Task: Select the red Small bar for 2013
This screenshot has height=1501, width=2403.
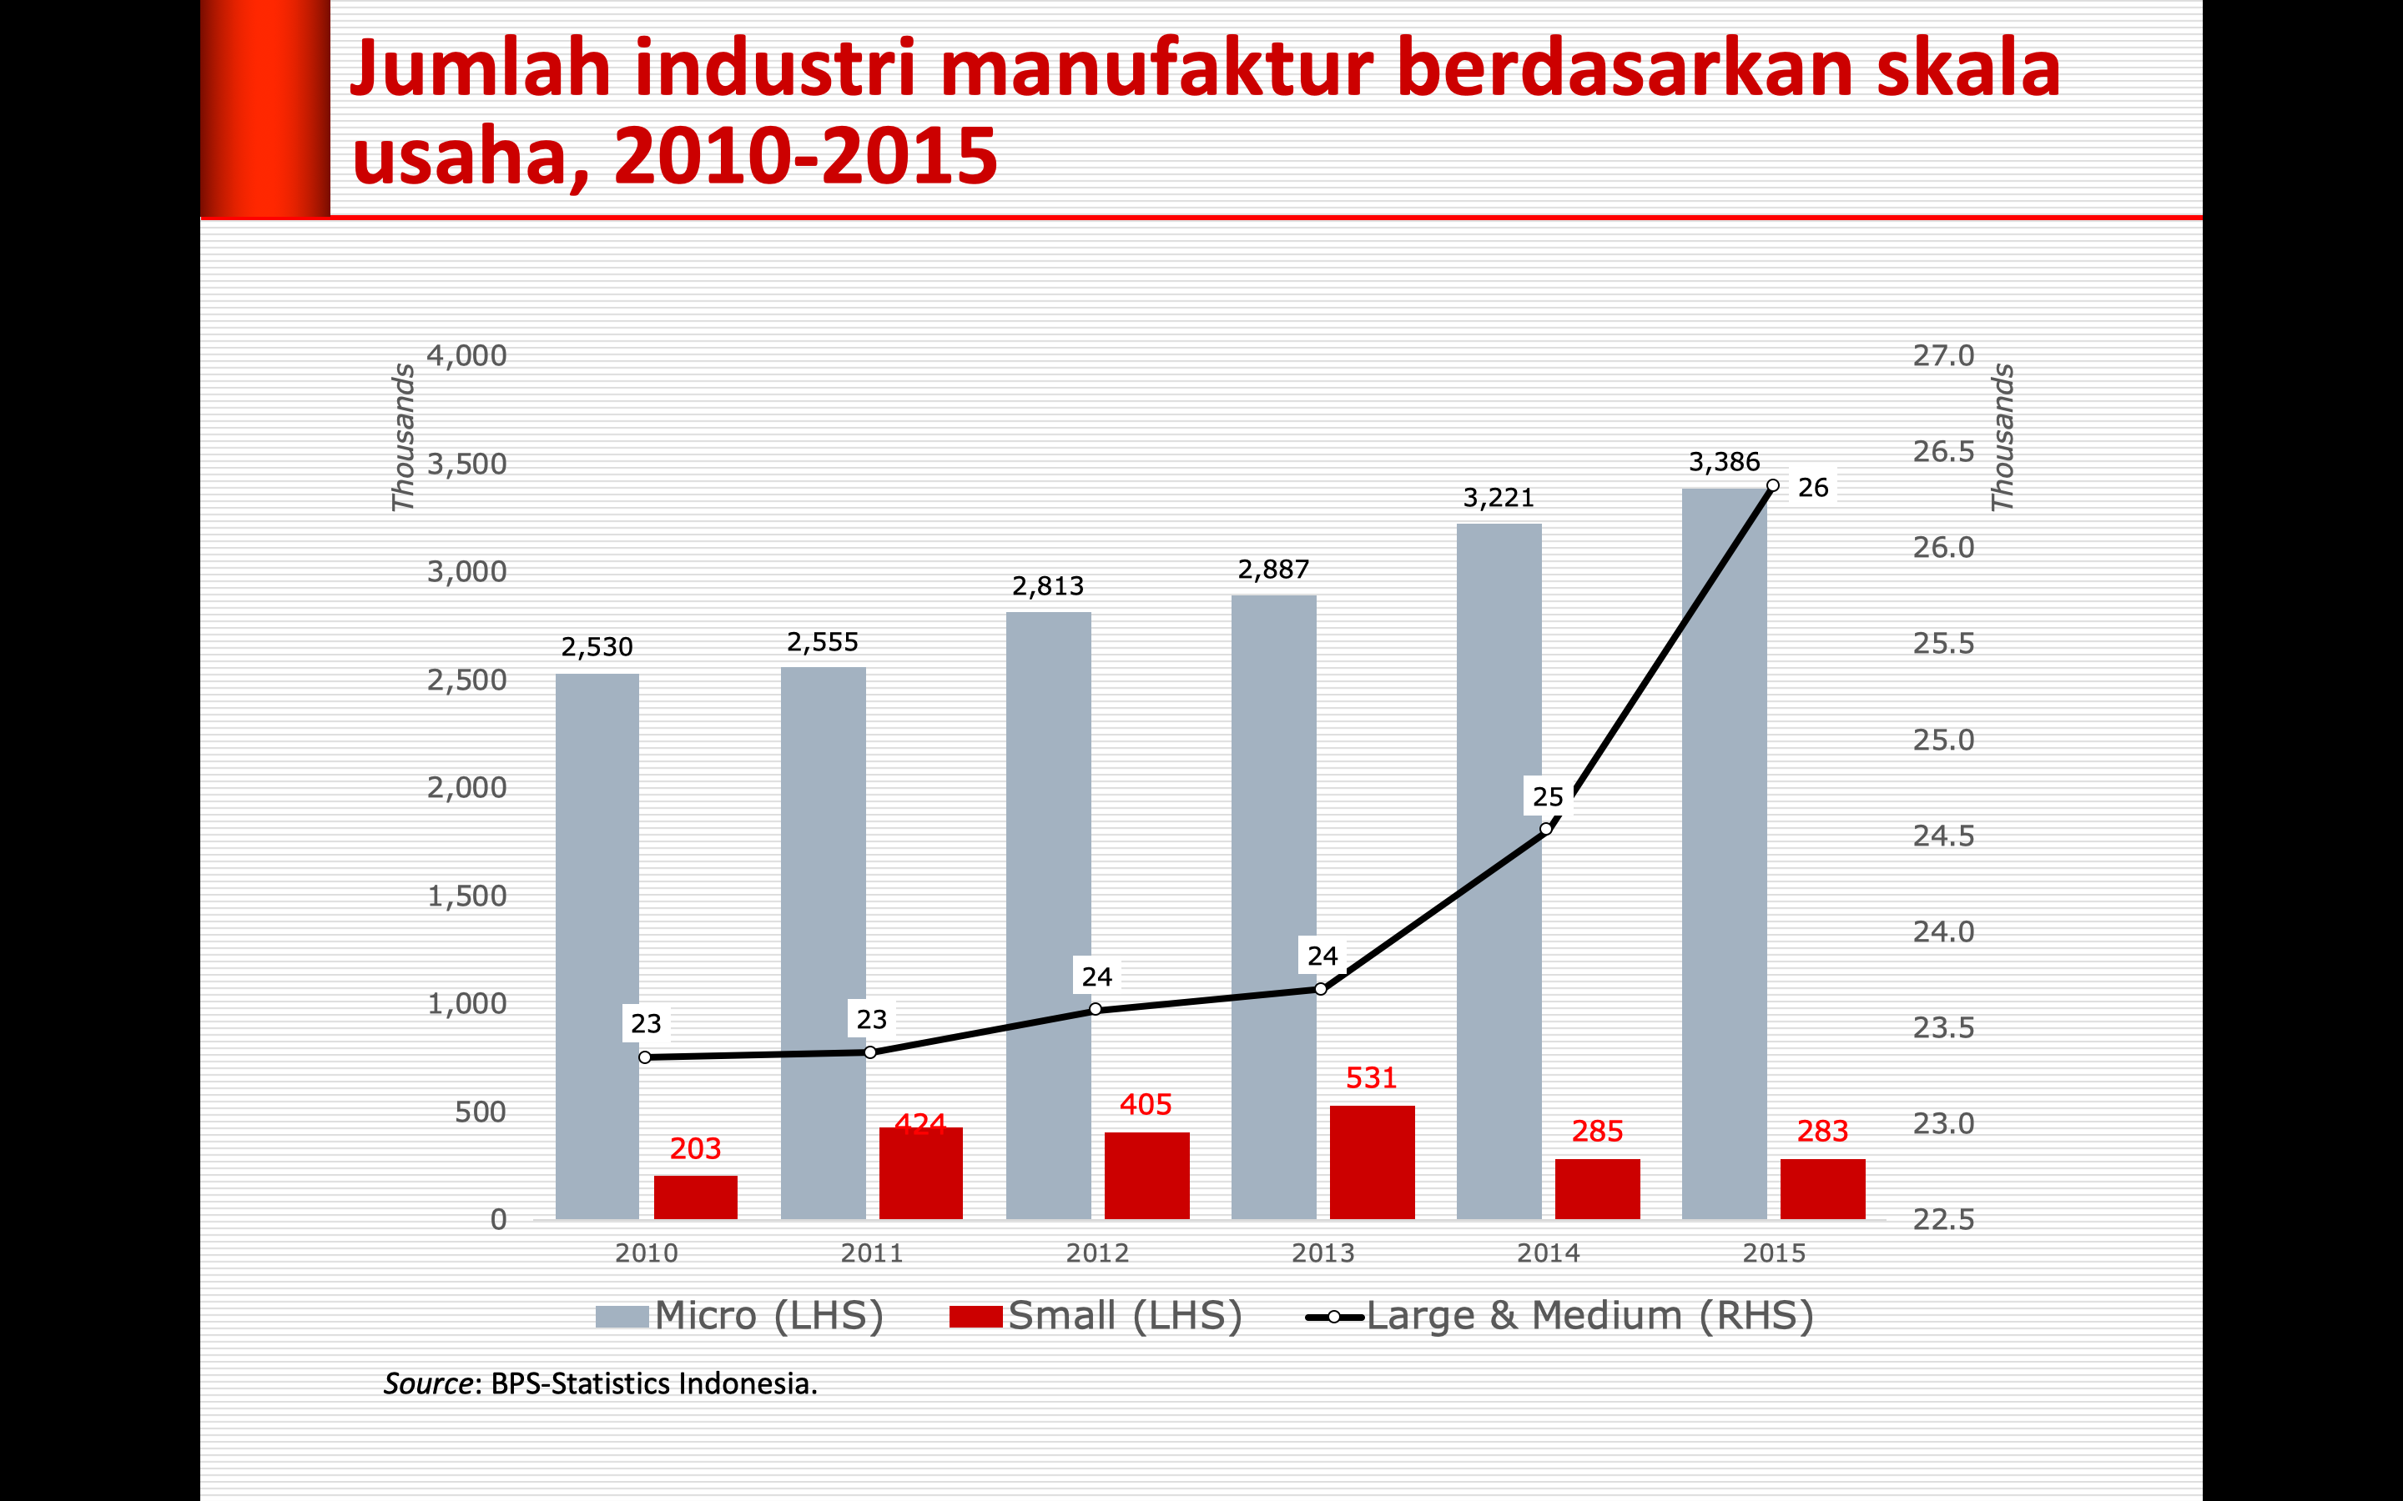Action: pyautogui.click(x=1372, y=1162)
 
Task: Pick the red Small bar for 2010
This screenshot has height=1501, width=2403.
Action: pyautogui.click(x=695, y=1197)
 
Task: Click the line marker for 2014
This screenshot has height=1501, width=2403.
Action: pyautogui.click(x=1546, y=829)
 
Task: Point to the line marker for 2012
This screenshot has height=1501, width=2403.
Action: pyautogui.click(x=1096, y=1010)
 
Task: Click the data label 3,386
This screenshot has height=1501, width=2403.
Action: pyautogui.click(x=1724, y=463)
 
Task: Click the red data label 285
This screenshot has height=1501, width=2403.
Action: pyautogui.click(x=1597, y=1132)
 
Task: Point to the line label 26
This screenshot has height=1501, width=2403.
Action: pyautogui.click(x=1813, y=489)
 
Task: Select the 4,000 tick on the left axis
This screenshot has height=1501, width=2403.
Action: pyautogui.click(x=466, y=355)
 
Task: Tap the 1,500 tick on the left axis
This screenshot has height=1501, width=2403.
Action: pyautogui.click(x=466, y=896)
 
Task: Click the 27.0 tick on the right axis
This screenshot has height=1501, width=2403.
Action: pyautogui.click(x=1943, y=355)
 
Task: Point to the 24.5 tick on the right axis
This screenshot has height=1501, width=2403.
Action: pyautogui.click(x=1943, y=836)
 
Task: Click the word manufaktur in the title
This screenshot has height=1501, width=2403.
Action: pyautogui.click(x=1156, y=69)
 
